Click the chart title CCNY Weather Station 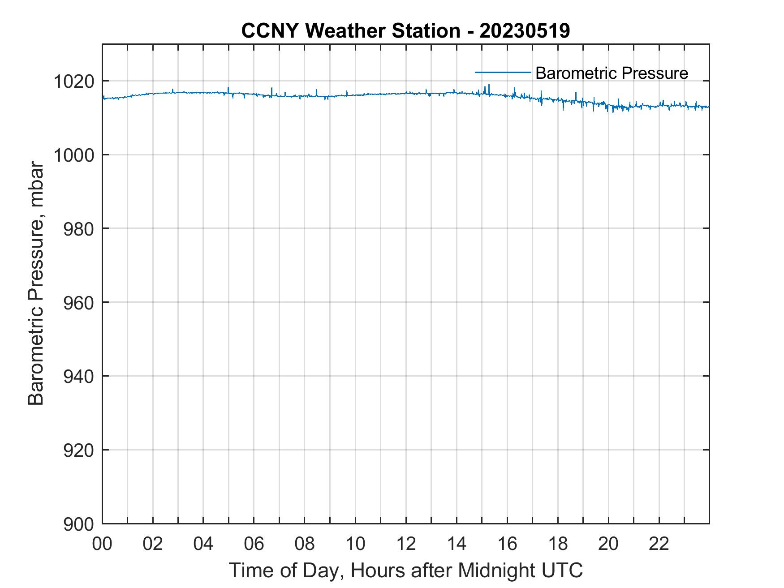[x=350, y=31]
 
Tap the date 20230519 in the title [x=525, y=31]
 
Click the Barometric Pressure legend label [x=612, y=73]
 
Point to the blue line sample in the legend [x=503, y=72]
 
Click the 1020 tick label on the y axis [x=73, y=82]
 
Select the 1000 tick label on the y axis [x=73, y=155]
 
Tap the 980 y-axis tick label [x=78, y=229]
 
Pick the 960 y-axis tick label [x=78, y=303]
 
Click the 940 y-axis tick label [x=78, y=377]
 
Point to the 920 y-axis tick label [x=78, y=450]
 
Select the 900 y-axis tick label [x=78, y=524]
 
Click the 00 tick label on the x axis [x=103, y=544]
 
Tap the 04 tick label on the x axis [x=203, y=544]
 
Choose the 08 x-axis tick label [x=305, y=544]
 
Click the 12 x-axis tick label [x=406, y=544]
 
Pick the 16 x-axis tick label [x=507, y=544]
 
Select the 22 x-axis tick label [x=659, y=544]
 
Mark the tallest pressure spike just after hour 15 [x=489, y=85]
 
